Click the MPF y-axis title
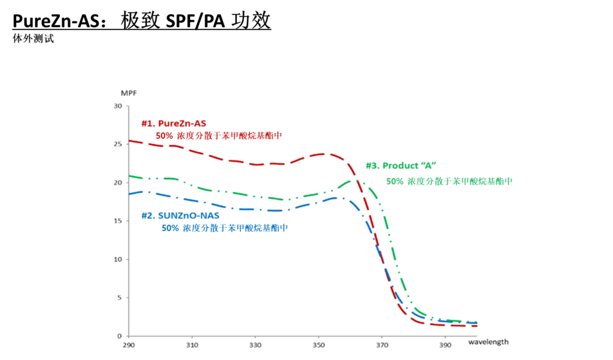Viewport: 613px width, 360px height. click(129, 93)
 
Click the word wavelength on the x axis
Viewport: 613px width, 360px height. click(488, 342)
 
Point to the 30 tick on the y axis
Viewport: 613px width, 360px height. click(117, 106)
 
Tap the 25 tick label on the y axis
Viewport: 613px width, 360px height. click(117, 144)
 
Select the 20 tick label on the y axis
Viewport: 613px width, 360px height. click(117, 183)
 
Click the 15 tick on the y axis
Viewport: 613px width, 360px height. click(117, 221)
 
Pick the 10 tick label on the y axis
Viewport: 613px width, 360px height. click(117, 259)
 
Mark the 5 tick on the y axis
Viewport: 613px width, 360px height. click(119, 298)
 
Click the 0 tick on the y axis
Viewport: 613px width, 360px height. click(119, 336)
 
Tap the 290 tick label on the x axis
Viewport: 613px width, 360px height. click(129, 346)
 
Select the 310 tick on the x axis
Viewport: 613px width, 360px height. click(192, 346)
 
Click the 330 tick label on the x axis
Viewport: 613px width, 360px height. click(256, 346)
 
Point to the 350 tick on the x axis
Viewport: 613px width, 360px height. click(318, 346)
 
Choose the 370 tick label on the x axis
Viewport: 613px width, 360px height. click(382, 346)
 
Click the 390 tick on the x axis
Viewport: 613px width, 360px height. click(445, 346)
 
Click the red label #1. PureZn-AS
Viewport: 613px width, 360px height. click(174, 123)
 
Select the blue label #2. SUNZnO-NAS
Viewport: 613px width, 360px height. click(180, 216)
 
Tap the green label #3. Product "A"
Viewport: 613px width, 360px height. click(400, 166)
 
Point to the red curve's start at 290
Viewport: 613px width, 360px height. click(131, 141)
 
